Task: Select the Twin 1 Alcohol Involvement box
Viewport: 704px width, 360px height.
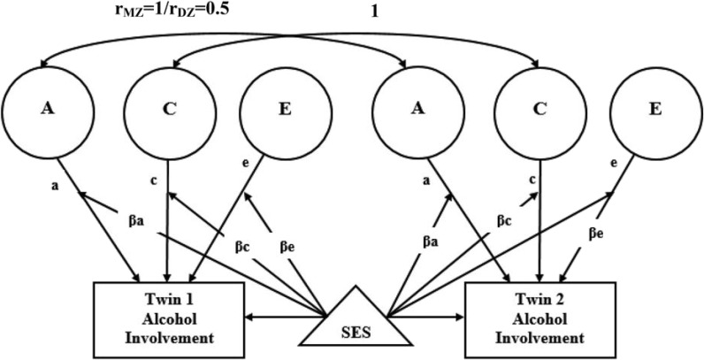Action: pos(168,314)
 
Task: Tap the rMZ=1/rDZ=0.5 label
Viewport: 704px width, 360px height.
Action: pos(167,11)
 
